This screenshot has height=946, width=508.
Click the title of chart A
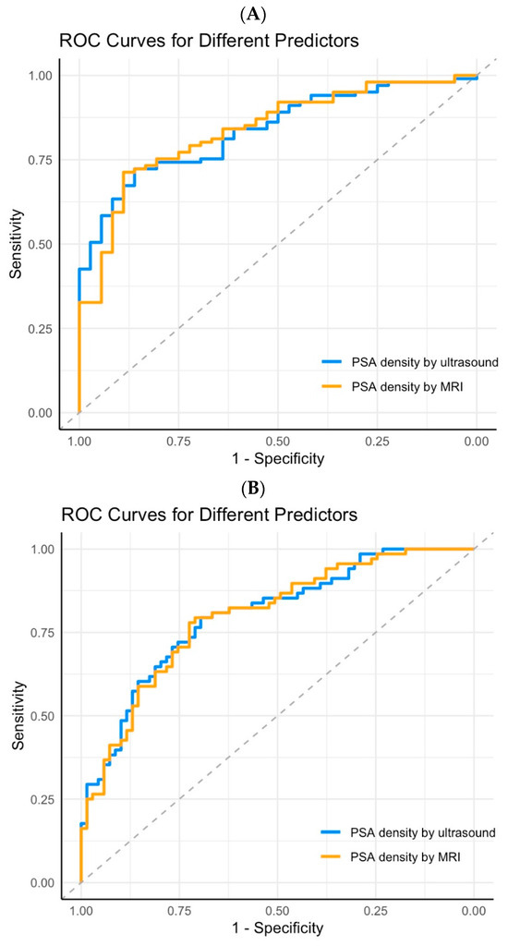coord(208,41)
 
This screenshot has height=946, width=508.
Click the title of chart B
coord(208,513)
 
